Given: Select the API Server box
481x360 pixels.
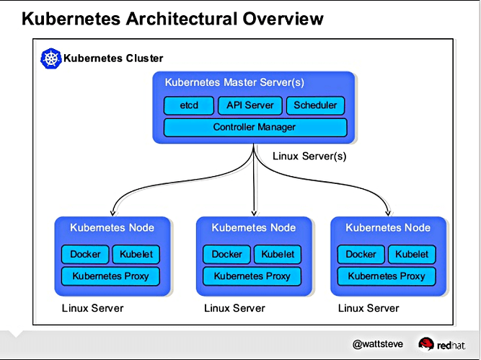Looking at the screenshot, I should click(250, 105).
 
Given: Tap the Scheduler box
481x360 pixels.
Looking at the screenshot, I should click(315, 105).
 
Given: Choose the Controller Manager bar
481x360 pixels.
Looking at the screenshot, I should click(255, 128).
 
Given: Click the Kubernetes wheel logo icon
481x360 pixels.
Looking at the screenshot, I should click(50, 58).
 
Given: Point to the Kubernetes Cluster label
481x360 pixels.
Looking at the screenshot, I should click(113, 58).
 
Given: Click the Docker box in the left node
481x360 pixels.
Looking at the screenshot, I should click(85, 254).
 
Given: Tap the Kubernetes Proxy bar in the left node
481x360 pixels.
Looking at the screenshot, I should click(110, 276).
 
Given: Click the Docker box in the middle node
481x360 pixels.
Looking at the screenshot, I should click(227, 254).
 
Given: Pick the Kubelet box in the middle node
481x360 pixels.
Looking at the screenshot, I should click(278, 254).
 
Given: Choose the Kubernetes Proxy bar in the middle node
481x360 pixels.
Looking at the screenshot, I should click(252, 276).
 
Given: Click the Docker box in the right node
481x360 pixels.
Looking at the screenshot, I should click(361, 254).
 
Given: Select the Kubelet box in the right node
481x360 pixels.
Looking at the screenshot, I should click(412, 254).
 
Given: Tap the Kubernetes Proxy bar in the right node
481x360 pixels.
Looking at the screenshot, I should click(387, 276).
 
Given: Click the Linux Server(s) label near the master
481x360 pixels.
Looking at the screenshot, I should click(310, 156).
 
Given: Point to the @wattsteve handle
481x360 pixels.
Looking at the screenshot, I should click(377, 344).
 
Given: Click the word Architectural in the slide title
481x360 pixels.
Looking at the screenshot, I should click(172, 17).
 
